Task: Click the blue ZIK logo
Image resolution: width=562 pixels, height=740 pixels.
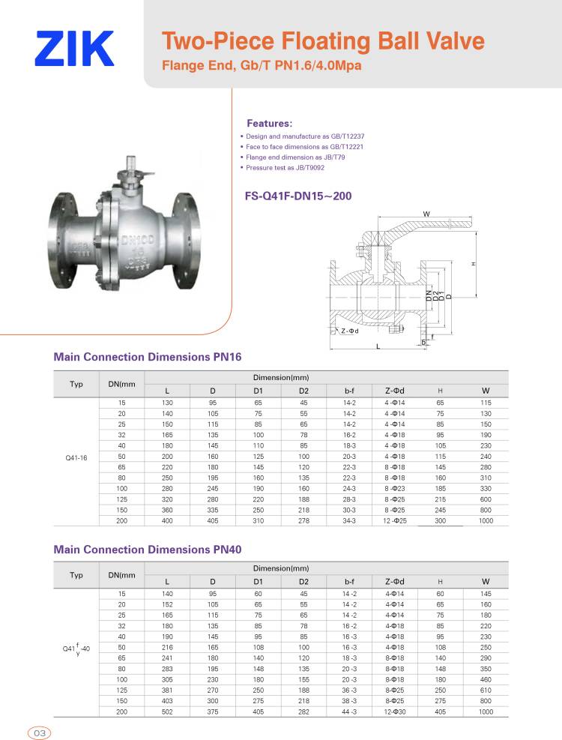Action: click(x=74, y=48)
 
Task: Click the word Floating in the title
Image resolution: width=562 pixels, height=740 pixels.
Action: click(x=326, y=41)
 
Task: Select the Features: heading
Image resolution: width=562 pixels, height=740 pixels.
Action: click(x=270, y=124)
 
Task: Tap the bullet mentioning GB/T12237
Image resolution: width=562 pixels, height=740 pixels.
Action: click(x=302, y=136)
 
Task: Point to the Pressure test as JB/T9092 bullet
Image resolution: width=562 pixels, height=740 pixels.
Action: click(x=282, y=167)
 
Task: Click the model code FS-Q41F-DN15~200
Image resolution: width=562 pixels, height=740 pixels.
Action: click(x=298, y=196)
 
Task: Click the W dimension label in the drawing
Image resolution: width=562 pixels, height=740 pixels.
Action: click(x=426, y=214)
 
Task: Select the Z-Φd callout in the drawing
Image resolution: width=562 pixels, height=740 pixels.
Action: click(x=350, y=331)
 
